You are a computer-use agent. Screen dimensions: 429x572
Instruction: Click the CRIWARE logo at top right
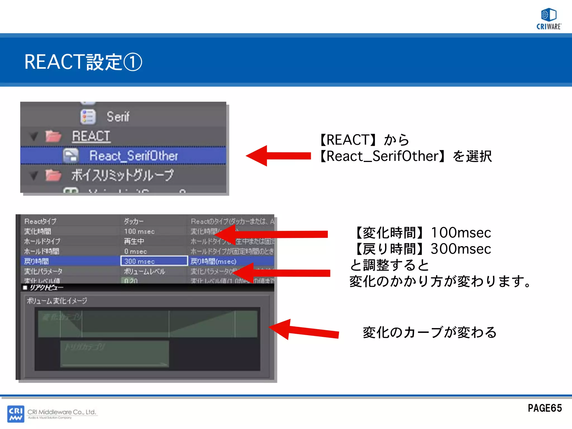pyautogui.click(x=549, y=19)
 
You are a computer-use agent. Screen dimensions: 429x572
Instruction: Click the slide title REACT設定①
pyautogui.click(x=83, y=62)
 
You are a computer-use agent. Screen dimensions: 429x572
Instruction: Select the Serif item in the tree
pyautogui.click(x=118, y=117)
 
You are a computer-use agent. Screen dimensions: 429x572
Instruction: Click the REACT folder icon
pyautogui.click(x=53, y=137)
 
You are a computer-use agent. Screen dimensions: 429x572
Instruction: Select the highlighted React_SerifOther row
pyautogui.click(x=133, y=156)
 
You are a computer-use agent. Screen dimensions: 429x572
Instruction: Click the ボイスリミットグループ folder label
pyautogui.click(x=122, y=175)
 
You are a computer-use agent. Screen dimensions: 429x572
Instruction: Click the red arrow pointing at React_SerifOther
pyautogui.click(x=278, y=156)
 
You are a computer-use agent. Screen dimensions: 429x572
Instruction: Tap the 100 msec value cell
pyautogui.click(x=139, y=232)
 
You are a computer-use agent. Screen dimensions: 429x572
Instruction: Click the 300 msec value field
pyautogui.click(x=154, y=261)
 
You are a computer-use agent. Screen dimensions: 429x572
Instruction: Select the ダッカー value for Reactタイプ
pyautogui.click(x=134, y=221)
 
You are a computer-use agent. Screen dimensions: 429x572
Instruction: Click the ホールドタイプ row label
pyautogui.click(x=42, y=241)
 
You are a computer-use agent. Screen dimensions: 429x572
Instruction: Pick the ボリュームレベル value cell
pyautogui.click(x=144, y=271)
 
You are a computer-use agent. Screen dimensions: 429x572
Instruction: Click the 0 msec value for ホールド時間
pyautogui.click(x=136, y=251)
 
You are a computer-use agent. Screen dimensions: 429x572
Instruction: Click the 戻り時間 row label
pyautogui.click(x=36, y=261)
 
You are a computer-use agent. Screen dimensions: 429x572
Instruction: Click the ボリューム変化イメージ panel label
pyautogui.click(x=57, y=301)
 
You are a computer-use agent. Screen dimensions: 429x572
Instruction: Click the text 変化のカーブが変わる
pyautogui.click(x=429, y=332)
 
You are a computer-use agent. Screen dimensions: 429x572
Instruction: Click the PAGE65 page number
pyautogui.click(x=545, y=408)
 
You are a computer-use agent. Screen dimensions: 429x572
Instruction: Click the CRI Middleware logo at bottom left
pyautogui.click(x=16, y=414)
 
